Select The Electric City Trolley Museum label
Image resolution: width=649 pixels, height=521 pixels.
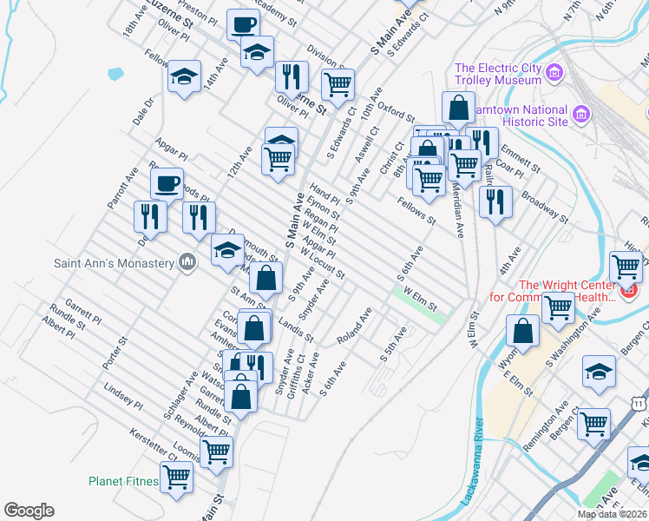(499, 74)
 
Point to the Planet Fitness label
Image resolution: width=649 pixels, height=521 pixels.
(123, 481)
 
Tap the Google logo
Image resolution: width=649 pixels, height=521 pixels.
(29, 511)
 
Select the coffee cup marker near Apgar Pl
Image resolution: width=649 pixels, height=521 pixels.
(167, 183)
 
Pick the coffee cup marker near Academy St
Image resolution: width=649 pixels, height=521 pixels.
(243, 23)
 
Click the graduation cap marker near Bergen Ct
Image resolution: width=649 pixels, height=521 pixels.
(598, 372)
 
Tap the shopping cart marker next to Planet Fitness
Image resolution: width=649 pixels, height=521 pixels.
(177, 476)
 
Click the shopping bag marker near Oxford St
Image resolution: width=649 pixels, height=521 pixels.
(457, 108)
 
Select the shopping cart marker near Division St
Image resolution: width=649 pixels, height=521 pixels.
(337, 84)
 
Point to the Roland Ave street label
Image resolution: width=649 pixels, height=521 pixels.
(355, 325)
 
